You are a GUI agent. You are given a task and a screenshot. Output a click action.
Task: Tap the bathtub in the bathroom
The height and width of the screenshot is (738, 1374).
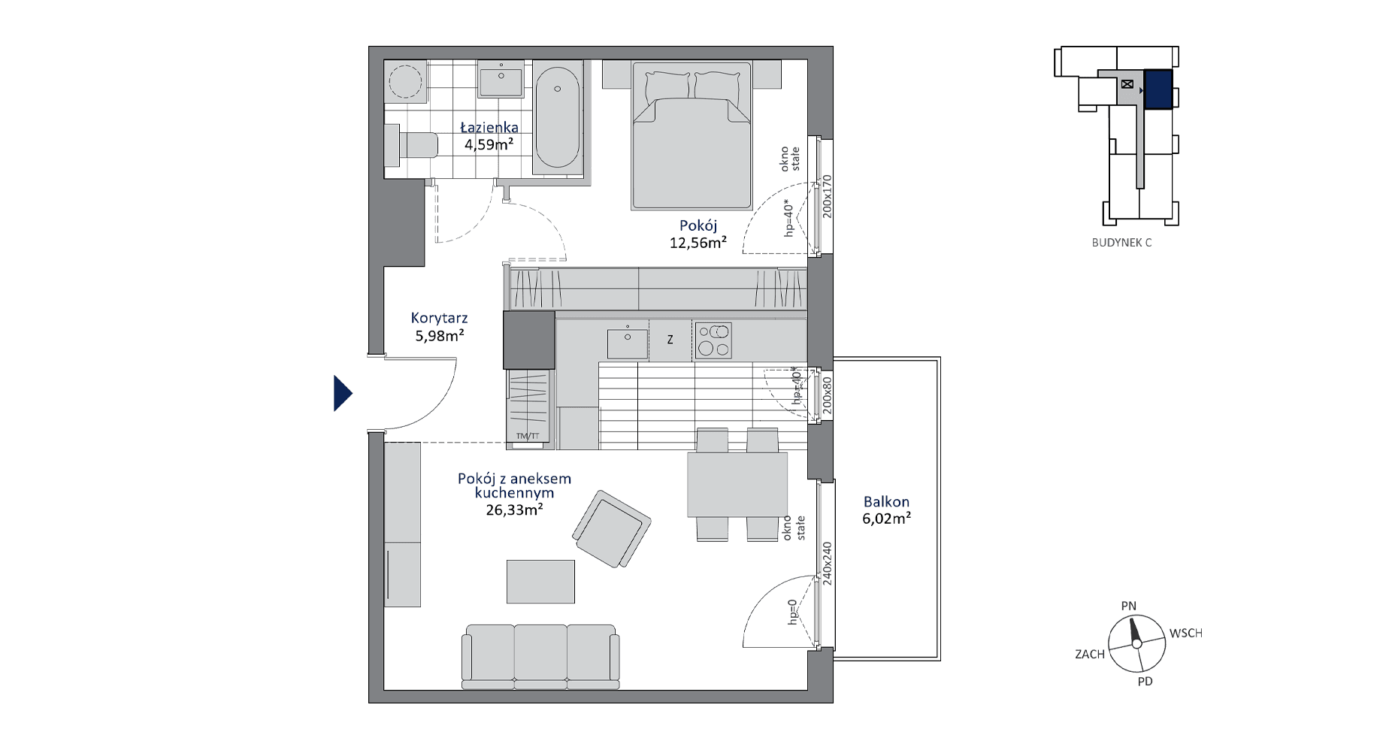[557, 119]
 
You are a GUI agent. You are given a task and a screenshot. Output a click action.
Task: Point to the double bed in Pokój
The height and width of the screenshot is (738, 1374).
[692, 135]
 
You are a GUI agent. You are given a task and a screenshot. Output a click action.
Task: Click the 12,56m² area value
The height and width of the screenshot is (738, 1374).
[698, 242]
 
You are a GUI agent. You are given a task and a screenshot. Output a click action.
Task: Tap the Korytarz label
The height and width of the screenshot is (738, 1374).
[439, 319]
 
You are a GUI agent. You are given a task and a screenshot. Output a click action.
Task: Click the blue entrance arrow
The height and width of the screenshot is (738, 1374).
[343, 393]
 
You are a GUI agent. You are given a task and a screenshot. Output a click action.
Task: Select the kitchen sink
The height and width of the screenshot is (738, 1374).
[627, 343]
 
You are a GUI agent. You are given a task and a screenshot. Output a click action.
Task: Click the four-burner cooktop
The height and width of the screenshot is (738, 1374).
[713, 340]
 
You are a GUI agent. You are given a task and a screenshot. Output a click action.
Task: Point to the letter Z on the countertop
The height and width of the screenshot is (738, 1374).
[670, 340]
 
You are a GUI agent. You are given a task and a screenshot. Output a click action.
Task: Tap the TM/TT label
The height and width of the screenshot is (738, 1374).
[528, 436]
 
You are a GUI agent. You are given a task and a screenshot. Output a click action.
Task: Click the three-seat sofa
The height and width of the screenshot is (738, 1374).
[540, 656]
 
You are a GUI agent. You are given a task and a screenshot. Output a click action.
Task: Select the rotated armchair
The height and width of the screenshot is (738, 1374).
[612, 529]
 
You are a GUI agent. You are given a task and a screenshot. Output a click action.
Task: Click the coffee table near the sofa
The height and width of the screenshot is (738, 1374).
[540, 581]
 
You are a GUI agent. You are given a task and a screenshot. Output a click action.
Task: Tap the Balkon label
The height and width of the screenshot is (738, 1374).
[886, 501]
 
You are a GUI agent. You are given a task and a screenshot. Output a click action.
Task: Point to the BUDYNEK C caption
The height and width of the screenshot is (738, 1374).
[1121, 243]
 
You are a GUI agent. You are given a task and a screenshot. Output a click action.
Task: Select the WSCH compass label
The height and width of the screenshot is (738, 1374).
[1185, 634]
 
